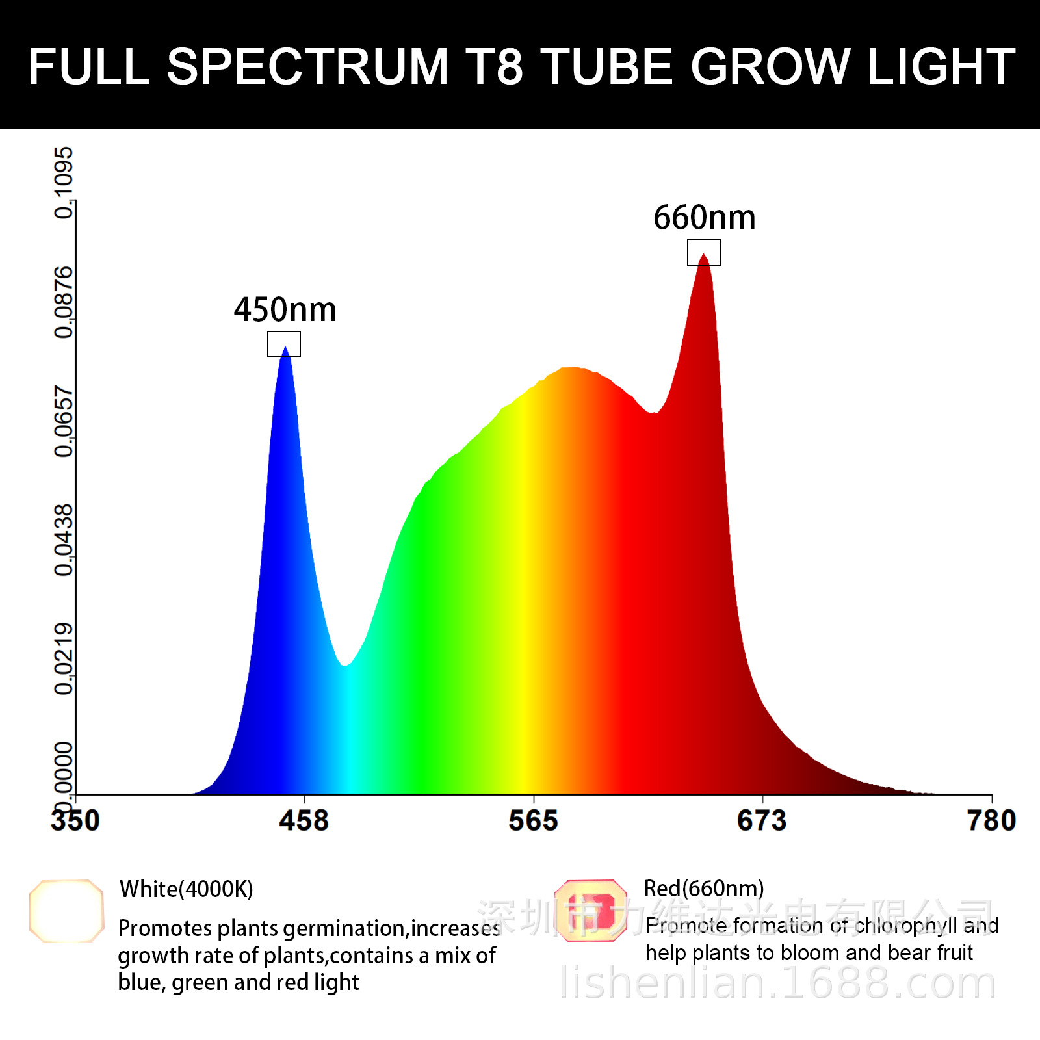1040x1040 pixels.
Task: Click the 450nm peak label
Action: pyautogui.click(x=285, y=310)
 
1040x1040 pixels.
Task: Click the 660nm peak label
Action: pyautogui.click(x=705, y=218)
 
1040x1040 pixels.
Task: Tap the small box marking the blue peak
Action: pyautogui.click(x=284, y=344)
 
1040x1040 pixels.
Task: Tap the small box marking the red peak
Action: pyautogui.click(x=704, y=252)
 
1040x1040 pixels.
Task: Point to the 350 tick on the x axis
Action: pyautogui.click(x=75, y=820)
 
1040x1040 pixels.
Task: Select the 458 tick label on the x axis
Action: pyautogui.click(x=304, y=820)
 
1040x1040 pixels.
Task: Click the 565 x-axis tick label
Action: pyautogui.click(x=533, y=820)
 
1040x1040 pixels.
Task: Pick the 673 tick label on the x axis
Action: pyautogui.click(x=762, y=820)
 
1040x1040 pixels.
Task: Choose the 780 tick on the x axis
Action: pyautogui.click(x=991, y=820)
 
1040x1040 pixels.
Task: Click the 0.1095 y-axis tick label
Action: pyautogui.click(x=64, y=183)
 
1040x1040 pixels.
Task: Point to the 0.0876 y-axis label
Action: pyautogui.click(x=64, y=302)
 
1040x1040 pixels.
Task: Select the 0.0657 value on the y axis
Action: pyautogui.click(x=64, y=421)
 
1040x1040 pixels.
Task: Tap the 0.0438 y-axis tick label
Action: pyautogui.click(x=64, y=540)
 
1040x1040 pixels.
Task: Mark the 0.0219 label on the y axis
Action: pyautogui.click(x=64, y=659)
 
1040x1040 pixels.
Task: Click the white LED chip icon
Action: pyautogui.click(x=66, y=911)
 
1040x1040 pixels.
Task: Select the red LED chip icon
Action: pyautogui.click(x=591, y=911)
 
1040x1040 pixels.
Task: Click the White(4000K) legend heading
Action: pyautogui.click(x=187, y=889)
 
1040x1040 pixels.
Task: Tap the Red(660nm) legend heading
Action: pyautogui.click(x=704, y=889)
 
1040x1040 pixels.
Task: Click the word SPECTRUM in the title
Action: pyautogui.click(x=307, y=66)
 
